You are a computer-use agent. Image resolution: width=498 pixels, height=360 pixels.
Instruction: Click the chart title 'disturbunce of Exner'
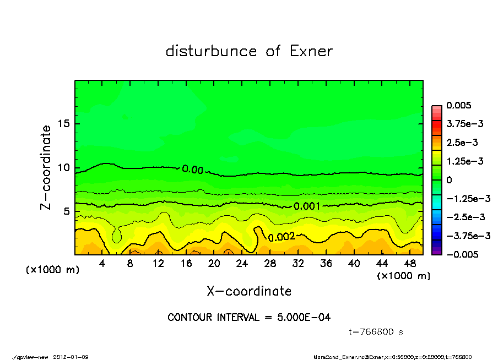click(249, 51)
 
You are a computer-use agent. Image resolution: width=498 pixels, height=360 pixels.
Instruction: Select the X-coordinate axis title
click(249, 291)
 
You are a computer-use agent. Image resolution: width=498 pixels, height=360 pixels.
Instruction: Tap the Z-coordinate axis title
click(46, 167)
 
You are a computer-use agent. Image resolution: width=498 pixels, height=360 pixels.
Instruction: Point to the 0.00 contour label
click(193, 170)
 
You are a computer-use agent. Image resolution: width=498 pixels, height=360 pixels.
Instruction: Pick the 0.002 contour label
click(282, 237)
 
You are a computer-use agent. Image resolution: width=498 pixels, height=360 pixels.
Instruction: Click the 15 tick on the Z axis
click(64, 124)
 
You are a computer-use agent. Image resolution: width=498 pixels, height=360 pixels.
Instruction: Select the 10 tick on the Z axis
click(64, 168)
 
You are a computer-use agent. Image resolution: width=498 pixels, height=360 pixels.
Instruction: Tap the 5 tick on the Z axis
click(67, 211)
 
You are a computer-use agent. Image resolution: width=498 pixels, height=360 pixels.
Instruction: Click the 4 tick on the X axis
click(102, 264)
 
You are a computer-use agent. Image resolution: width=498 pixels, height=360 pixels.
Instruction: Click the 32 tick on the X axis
click(299, 264)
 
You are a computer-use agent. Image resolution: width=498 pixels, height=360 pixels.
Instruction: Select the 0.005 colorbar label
click(460, 105)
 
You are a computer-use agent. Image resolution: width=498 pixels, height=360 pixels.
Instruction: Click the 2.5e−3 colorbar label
click(462, 143)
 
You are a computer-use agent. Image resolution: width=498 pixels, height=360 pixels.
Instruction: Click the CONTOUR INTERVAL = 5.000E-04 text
click(249, 318)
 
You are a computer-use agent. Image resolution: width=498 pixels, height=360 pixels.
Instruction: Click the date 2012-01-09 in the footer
click(71, 357)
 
